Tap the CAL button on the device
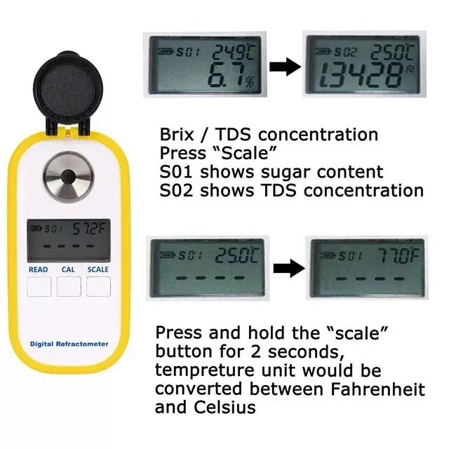coord(69,286)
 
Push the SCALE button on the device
coord(98,286)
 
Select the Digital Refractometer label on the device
coord(69,344)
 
